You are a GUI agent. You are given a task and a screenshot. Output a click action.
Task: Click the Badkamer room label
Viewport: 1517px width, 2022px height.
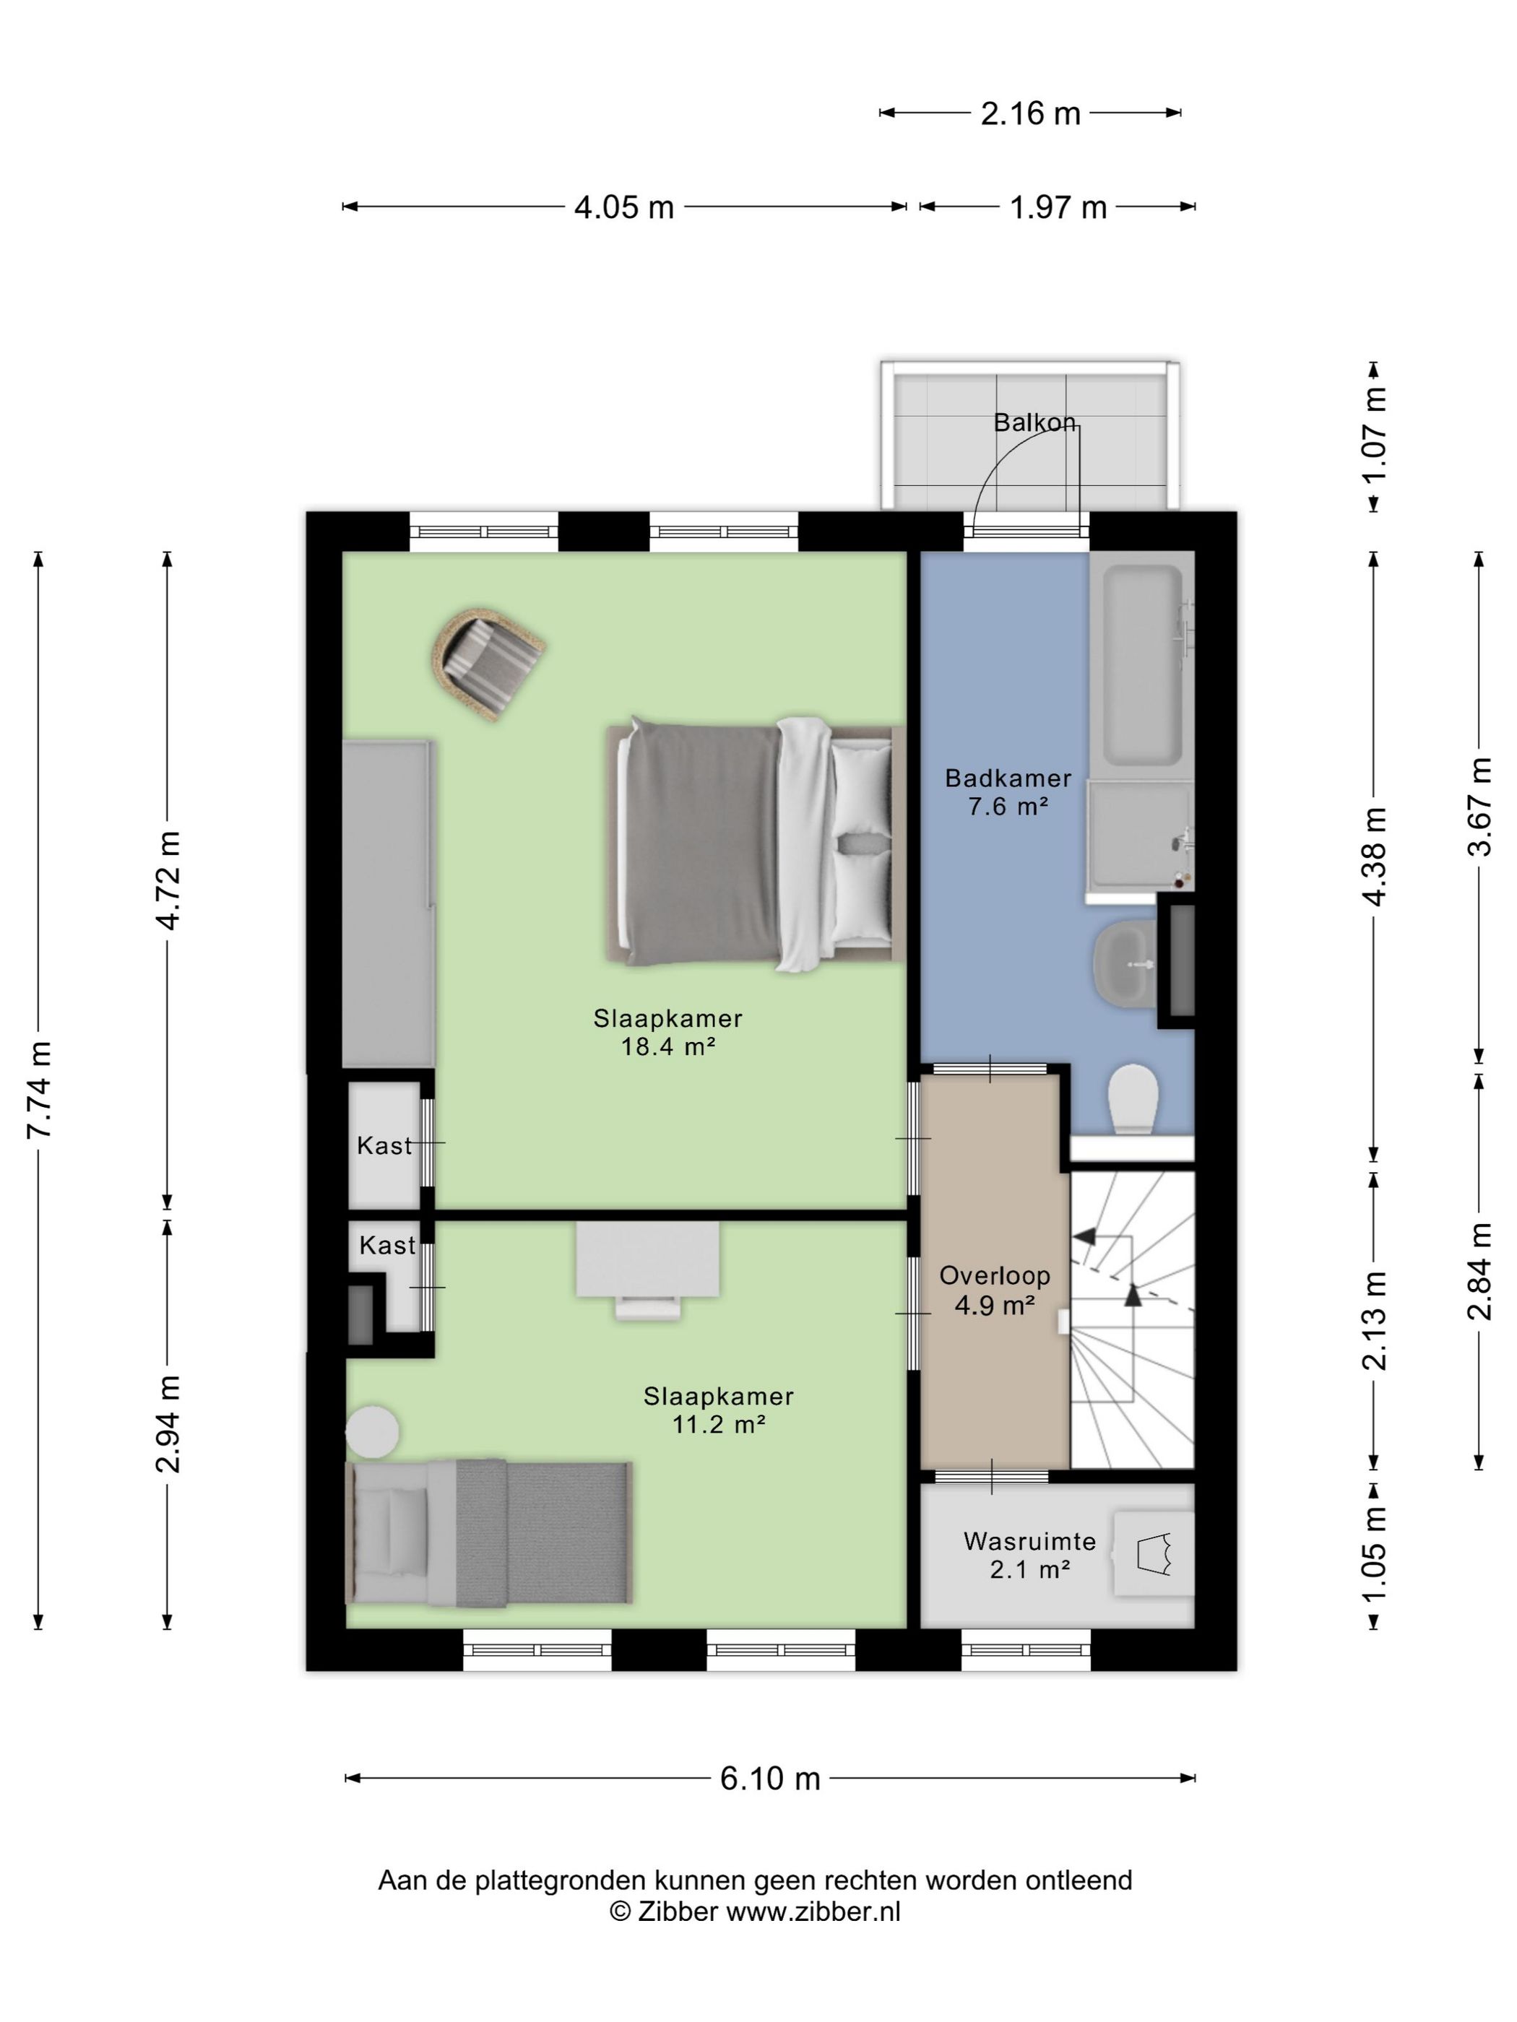(1007, 778)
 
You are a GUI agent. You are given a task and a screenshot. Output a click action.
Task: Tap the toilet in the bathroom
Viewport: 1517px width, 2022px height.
(1133, 1098)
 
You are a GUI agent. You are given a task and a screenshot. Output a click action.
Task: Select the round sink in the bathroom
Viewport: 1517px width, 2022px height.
(1124, 964)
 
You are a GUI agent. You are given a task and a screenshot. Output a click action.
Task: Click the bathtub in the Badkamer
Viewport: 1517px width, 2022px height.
(1142, 664)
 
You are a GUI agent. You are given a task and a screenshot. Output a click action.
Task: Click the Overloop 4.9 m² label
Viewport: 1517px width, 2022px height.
(994, 1290)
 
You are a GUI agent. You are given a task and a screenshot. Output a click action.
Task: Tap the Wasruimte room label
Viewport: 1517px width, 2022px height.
(1029, 1541)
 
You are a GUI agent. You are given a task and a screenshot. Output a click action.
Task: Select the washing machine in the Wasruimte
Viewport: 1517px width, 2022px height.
(1154, 1553)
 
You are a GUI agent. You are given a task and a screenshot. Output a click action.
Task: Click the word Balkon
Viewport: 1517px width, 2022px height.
(1034, 422)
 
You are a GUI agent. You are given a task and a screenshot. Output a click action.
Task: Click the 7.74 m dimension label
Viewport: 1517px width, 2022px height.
(38, 1089)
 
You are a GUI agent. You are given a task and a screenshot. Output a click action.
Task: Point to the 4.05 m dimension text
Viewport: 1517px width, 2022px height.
(623, 207)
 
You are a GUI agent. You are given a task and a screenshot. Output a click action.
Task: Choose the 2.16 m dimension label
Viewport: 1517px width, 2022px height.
(1031, 113)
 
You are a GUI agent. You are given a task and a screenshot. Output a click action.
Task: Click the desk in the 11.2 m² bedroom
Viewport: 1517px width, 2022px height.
(647, 1270)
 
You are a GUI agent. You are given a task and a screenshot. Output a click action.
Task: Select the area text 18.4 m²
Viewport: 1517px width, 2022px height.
(667, 1046)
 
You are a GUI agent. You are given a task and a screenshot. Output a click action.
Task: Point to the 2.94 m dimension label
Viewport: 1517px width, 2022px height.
(168, 1423)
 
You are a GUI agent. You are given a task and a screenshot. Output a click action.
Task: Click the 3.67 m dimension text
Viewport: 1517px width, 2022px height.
(1479, 806)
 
